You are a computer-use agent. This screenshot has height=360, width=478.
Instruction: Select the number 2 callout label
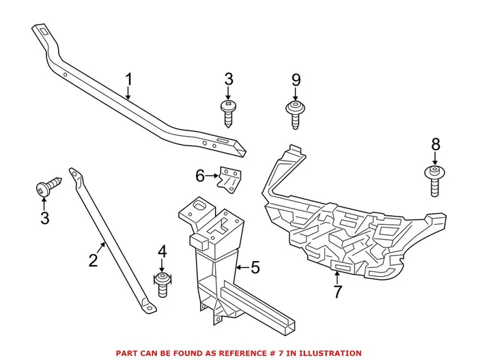(x=94, y=260)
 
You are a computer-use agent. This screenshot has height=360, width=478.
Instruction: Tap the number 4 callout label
(x=162, y=253)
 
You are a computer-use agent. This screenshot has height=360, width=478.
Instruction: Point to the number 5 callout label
(x=255, y=267)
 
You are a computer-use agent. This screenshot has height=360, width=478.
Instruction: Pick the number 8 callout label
(x=436, y=144)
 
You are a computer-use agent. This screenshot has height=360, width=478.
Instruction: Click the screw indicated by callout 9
(x=295, y=113)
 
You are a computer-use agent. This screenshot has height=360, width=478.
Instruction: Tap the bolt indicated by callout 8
(x=435, y=180)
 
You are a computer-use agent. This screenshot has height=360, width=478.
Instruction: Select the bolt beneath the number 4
(x=163, y=283)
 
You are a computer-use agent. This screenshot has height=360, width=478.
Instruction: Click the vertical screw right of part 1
(x=227, y=111)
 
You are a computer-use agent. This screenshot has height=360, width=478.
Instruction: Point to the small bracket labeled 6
(x=229, y=179)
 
